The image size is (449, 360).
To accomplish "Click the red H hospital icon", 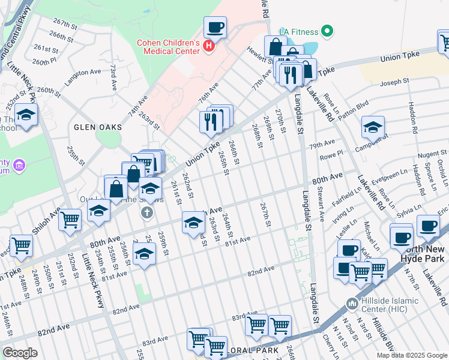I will pyautogui.click(x=208, y=45).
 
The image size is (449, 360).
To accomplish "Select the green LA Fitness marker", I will pyautogui.click(x=327, y=31).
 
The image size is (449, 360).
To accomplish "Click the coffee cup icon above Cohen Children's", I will pyautogui.click(x=215, y=27).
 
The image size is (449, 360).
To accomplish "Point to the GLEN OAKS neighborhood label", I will pyautogui.click(x=98, y=127).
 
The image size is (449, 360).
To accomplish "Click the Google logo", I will pyautogui.click(x=20, y=352).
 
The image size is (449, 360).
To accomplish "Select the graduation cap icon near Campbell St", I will pyautogui.click(x=373, y=127).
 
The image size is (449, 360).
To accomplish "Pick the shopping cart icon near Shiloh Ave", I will pyautogui.click(x=70, y=219).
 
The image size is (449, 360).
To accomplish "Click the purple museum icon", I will pyautogui.click(x=19, y=164).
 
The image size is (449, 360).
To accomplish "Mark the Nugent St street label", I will pyautogui.click(x=424, y=154).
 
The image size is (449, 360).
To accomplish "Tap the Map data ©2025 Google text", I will pyautogui.click(x=412, y=355).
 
